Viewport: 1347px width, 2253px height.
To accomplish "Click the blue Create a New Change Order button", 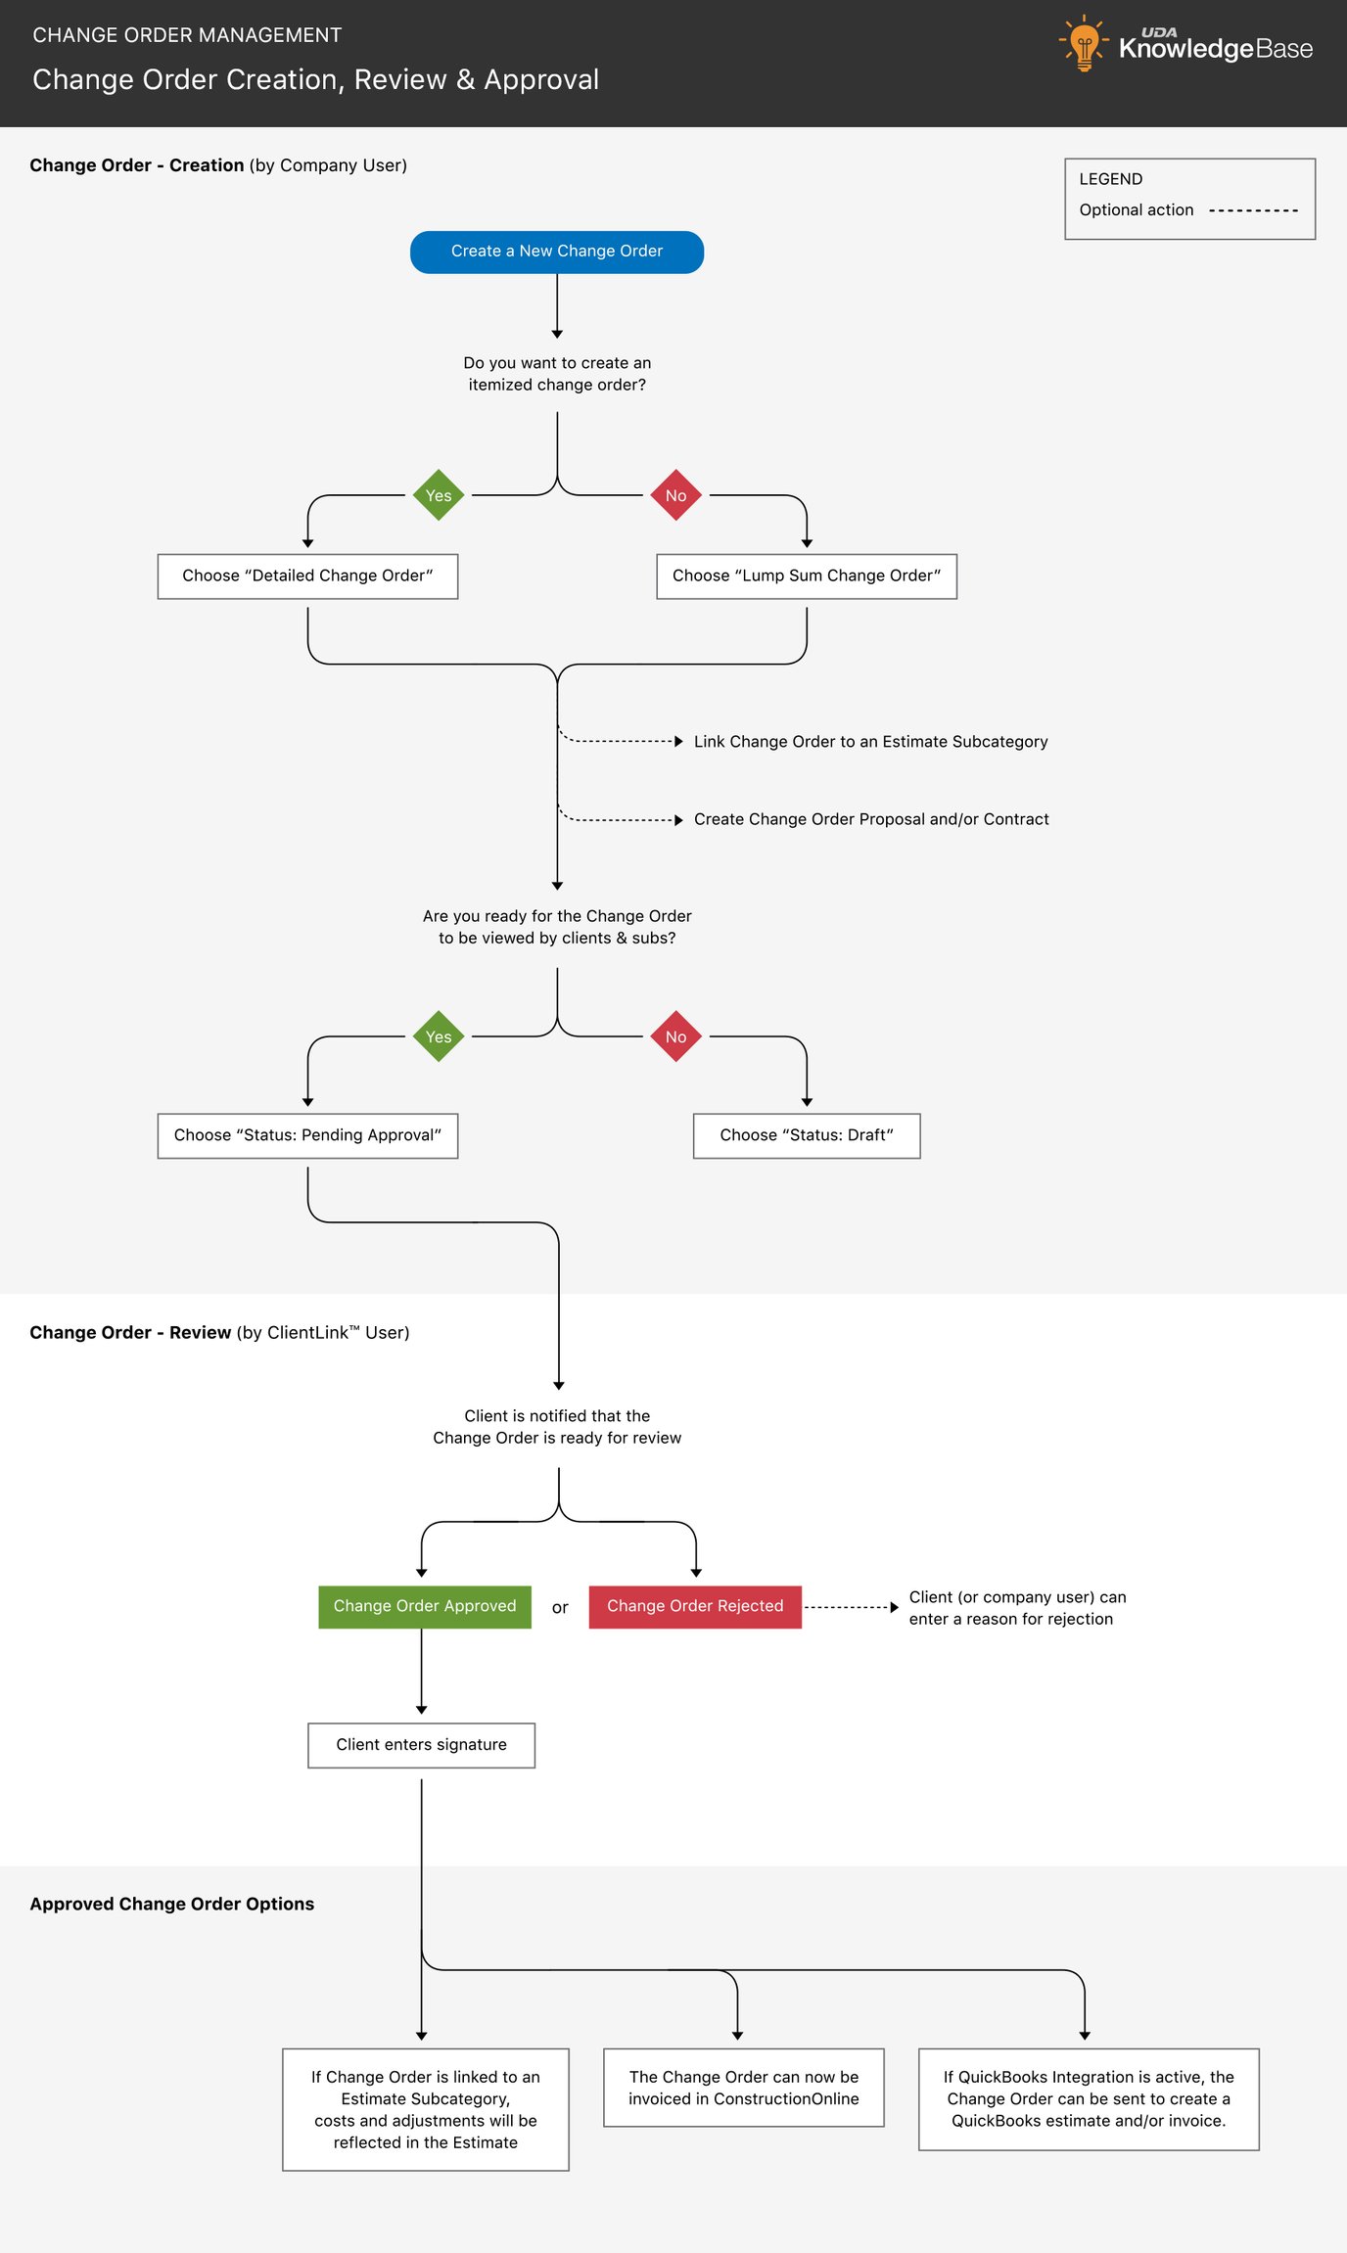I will [556, 252].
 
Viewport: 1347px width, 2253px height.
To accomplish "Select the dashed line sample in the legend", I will [1253, 210].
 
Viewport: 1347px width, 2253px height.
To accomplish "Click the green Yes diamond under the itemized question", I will [439, 495].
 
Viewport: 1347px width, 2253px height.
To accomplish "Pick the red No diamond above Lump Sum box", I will [675, 495].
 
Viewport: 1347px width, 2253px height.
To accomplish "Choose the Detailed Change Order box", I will [307, 576].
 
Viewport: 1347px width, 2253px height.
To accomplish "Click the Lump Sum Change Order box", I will [806, 576].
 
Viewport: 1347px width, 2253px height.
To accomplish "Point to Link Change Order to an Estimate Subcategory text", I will [870, 742].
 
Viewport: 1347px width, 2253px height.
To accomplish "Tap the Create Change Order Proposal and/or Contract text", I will [870, 819].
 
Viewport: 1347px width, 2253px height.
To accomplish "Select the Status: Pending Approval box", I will [307, 1135].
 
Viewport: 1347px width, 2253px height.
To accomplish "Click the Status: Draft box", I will [806, 1135].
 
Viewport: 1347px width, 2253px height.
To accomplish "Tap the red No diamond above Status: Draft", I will [675, 1036].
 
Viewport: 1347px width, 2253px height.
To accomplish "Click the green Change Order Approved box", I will [424, 1607].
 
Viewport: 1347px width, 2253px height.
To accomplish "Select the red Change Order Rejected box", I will [695, 1607].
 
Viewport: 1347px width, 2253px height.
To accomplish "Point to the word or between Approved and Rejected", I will [560, 1608].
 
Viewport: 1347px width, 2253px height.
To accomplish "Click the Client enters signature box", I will [421, 1745].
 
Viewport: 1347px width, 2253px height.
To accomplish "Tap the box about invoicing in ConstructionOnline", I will [743, 2088].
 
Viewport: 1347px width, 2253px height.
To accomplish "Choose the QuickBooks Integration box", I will [1088, 2099].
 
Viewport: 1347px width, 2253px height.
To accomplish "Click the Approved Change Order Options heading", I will [171, 1904].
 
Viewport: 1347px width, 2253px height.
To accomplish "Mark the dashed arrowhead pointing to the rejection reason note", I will [894, 1607].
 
